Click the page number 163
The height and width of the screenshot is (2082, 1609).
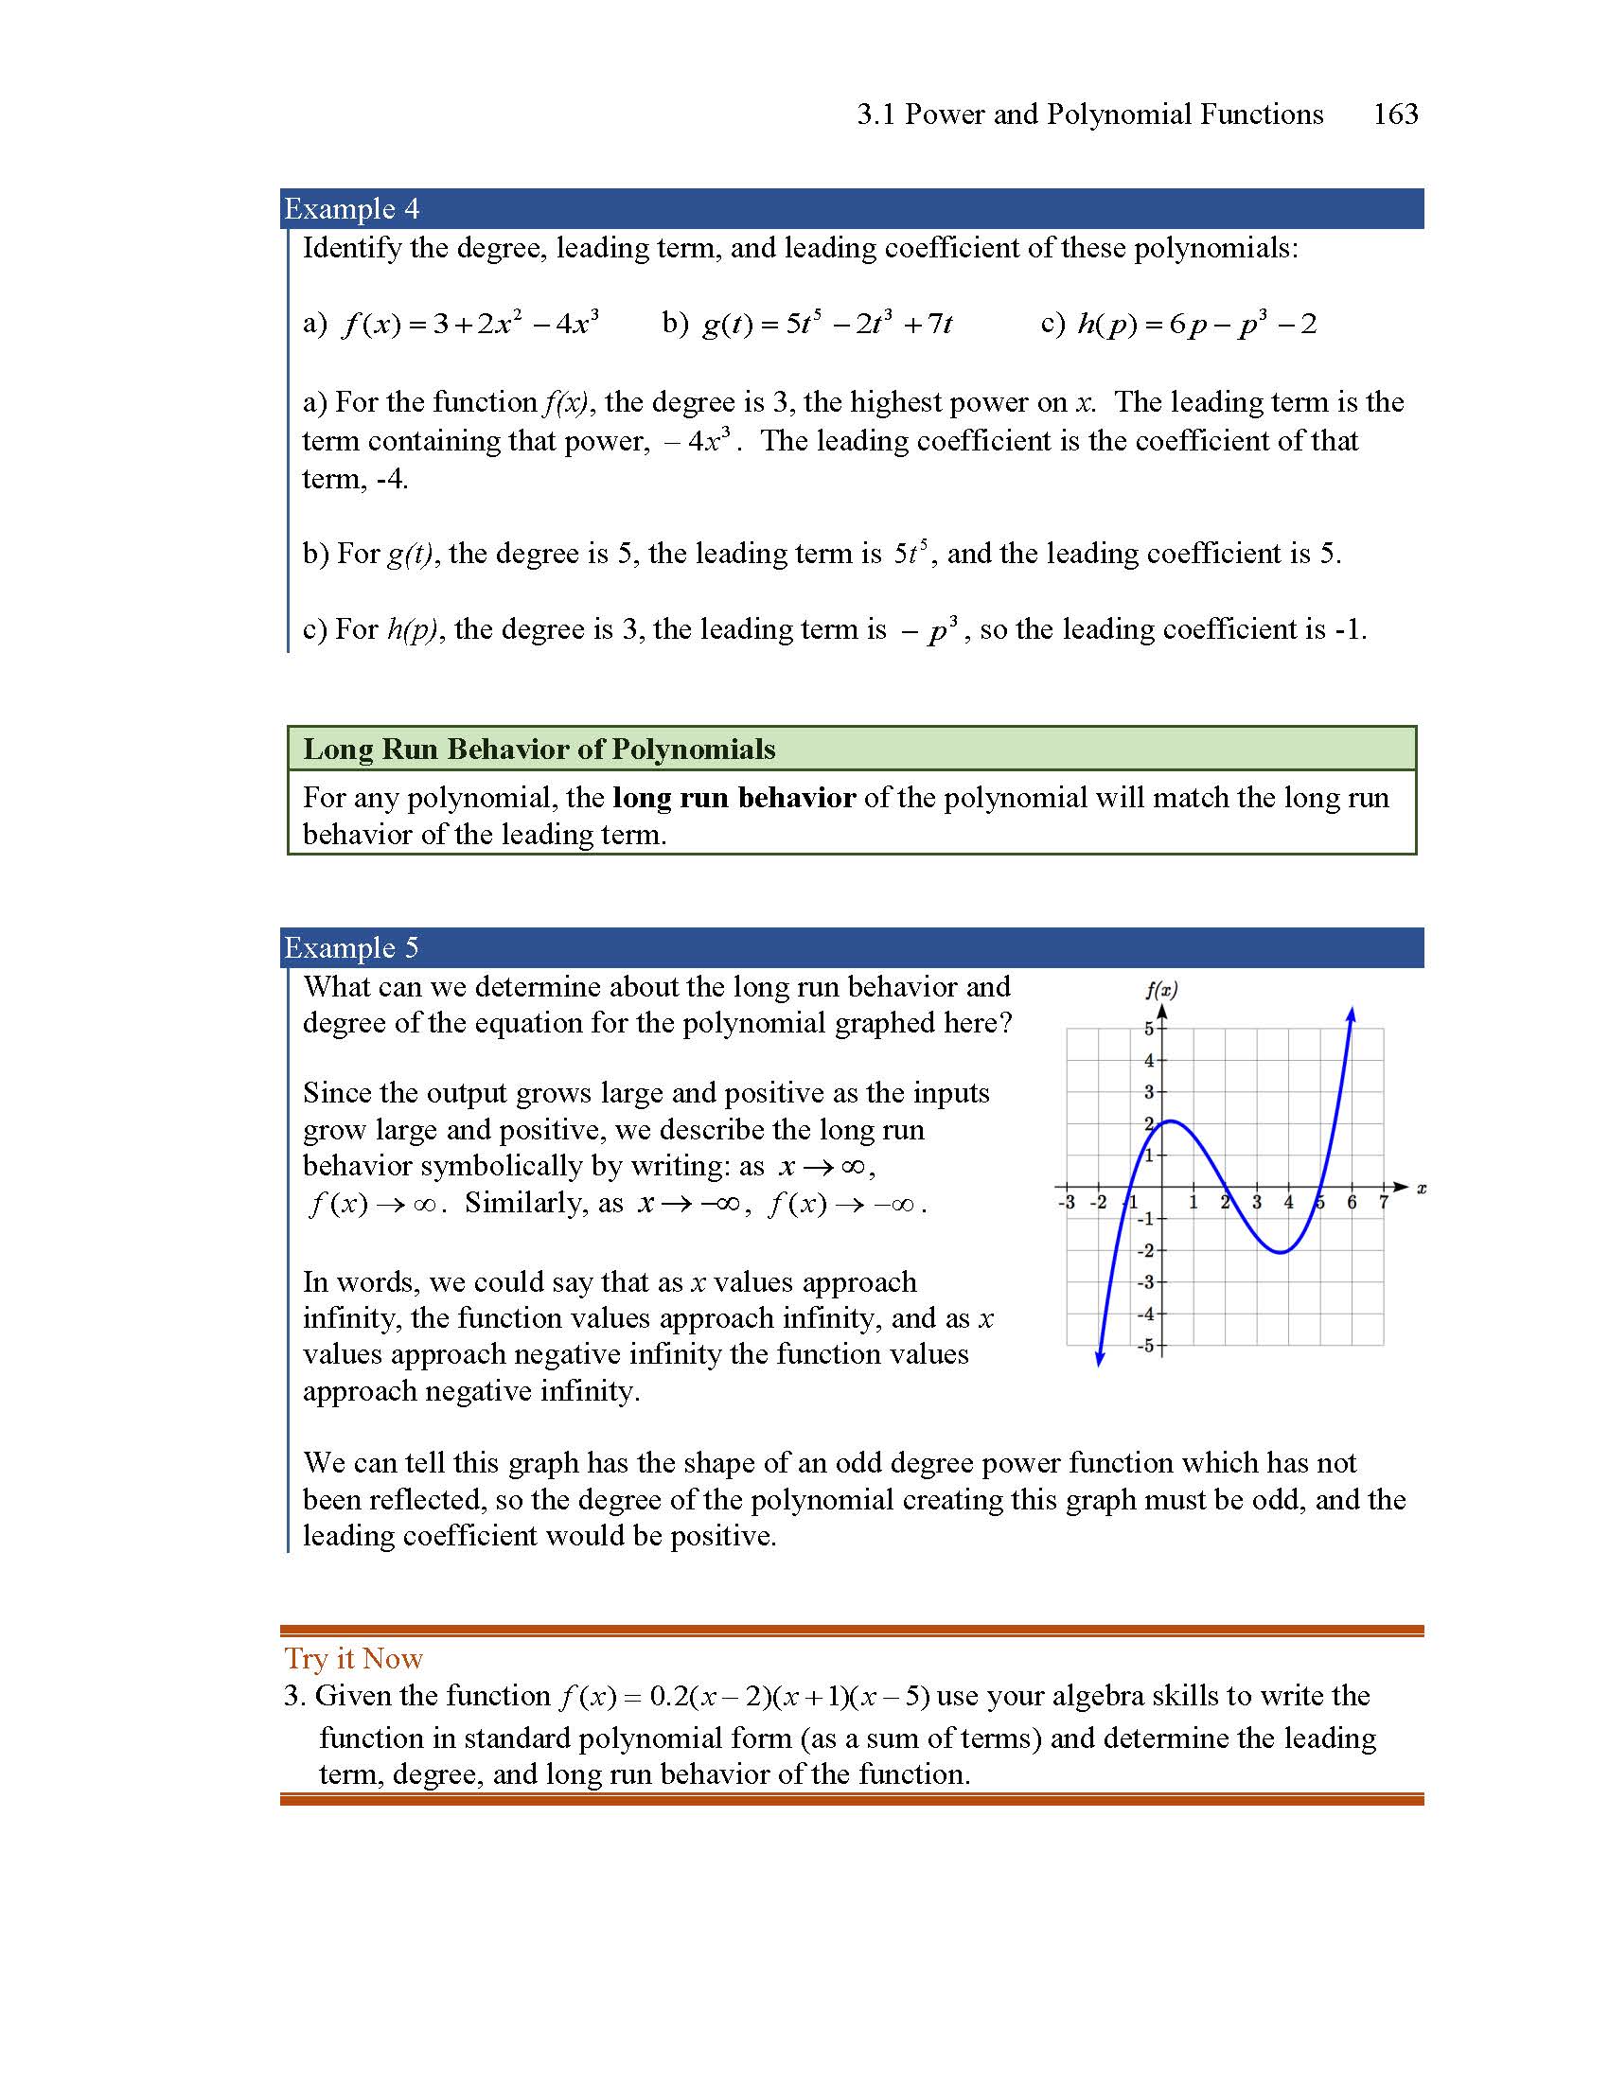pos(1394,115)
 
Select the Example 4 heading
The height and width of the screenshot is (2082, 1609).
pos(352,209)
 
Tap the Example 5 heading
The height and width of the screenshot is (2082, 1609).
pos(352,947)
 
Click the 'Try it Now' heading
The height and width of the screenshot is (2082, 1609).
pos(354,1659)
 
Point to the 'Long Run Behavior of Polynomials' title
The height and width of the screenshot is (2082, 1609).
pos(539,750)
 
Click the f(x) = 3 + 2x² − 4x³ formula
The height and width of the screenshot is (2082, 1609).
pos(471,324)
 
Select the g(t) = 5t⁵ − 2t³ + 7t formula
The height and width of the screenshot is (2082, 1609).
pos(826,324)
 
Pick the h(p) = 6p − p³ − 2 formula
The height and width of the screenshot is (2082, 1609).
pos(1196,324)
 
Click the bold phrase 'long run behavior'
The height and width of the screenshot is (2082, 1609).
pos(734,797)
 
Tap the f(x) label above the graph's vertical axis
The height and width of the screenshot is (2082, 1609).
pos(1161,990)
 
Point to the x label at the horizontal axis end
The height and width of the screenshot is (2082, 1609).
pos(1422,1188)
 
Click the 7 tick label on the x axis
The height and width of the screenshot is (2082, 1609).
pos(1383,1203)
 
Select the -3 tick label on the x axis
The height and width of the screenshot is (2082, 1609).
pos(1067,1203)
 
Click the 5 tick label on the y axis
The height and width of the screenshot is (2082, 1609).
pos(1149,1029)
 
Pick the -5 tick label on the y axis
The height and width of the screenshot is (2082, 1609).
pos(1147,1346)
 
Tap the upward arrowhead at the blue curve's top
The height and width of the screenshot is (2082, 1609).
pos(1352,1015)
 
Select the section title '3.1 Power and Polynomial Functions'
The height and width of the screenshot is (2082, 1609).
pos(1089,115)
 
